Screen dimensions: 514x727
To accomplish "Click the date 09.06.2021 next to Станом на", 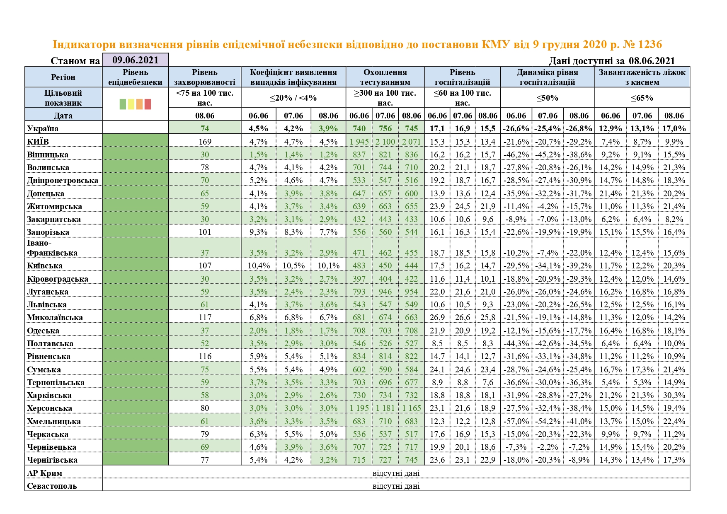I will coord(135,60).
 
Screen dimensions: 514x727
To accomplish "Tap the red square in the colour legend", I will coord(148,104).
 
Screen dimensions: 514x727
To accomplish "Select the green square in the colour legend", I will coord(123,104).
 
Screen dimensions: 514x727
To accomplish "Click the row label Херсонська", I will coord(49,408).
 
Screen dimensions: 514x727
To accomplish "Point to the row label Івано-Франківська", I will coord(52,248).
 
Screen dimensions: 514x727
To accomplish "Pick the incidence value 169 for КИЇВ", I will coord(205,142).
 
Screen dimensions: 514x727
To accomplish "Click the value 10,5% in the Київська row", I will coord(293,266).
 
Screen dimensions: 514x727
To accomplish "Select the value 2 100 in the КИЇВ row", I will coord(385,142).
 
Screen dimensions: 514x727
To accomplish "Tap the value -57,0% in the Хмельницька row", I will coord(516,421).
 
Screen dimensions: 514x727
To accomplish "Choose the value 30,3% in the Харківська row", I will coord(674,396).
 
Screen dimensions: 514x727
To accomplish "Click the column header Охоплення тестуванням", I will coord(385,77).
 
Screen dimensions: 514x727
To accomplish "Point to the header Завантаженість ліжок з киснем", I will coord(642,77).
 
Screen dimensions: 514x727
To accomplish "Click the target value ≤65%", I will coord(642,98).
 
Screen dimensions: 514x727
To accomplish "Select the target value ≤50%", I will coord(547,98).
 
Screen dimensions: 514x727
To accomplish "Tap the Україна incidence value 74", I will coord(205,128).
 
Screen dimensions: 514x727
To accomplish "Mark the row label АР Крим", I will coord(45,473).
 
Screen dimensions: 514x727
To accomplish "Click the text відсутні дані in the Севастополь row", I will coord(396,486).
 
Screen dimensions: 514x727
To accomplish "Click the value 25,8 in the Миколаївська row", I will coord(488,318).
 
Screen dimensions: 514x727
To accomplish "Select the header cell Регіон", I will coord(63,77).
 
